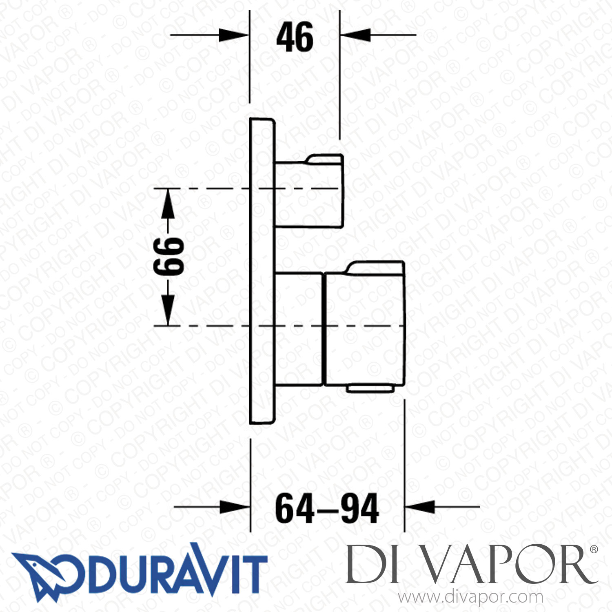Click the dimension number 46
point(295,37)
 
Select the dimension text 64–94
point(327,508)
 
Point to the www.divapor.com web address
point(470,597)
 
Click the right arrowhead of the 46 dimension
point(355,35)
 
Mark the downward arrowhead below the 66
point(168,310)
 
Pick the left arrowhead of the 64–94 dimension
point(235,508)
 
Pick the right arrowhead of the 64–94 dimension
point(419,508)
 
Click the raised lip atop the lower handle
point(375,268)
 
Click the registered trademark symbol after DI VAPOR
point(594,550)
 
